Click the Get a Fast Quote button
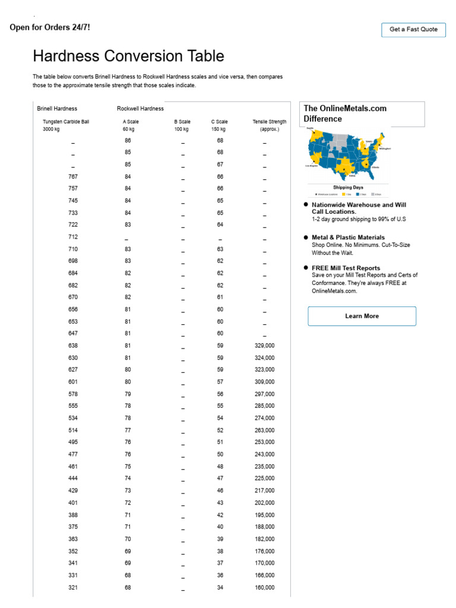pyautogui.click(x=413, y=30)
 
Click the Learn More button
pyautogui.click(x=362, y=316)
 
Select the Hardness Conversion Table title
pyautogui.click(x=128, y=56)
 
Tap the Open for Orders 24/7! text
pyautogui.click(x=50, y=27)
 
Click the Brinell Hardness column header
pyautogui.click(x=57, y=109)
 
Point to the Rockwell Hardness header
pyautogui.click(x=140, y=109)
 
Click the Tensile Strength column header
pyautogui.click(x=269, y=125)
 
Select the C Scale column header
pyautogui.click(x=219, y=125)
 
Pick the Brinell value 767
pyautogui.click(x=73, y=177)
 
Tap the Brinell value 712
pyautogui.click(x=73, y=237)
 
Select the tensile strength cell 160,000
pyautogui.click(x=264, y=588)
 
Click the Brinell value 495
pyautogui.click(x=73, y=442)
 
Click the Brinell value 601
pyautogui.click(x=73, y=382)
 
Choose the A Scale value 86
pyautogui.click(x=128, y=141)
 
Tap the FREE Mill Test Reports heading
pyautogui.click(x=346, y=268)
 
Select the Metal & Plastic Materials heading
pyautogui.click(x=348, y=237)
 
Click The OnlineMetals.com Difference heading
pyautogui.click(x=345, y=113)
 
